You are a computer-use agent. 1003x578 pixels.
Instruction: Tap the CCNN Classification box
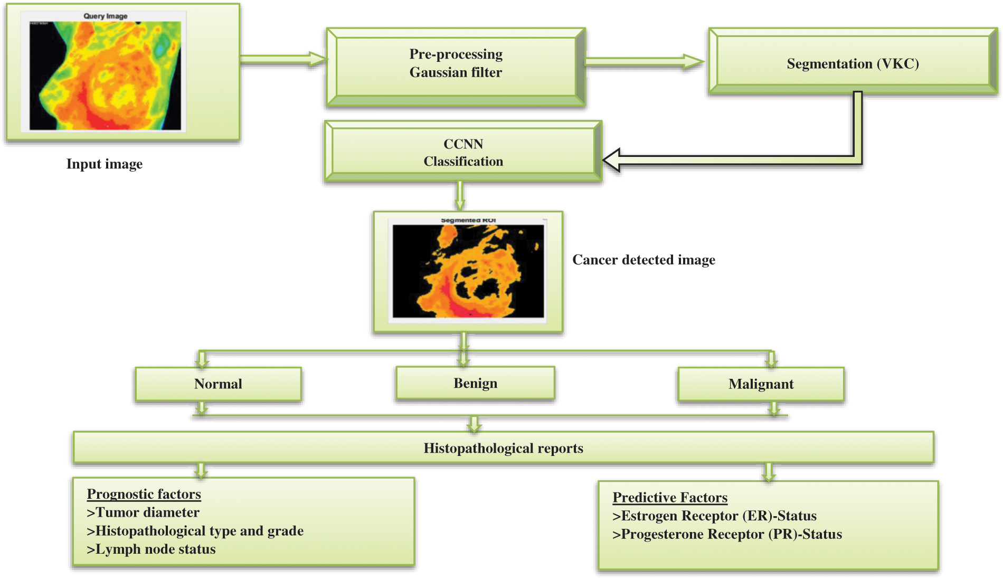click(x=463, y=152)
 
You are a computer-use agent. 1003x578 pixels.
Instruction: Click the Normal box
click(x=218, y=384)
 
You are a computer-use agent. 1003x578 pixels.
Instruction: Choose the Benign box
click(x=475, y=383)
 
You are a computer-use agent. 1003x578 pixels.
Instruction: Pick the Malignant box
click(x=761, y=384)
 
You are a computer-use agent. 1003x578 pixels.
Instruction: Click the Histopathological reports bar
click(x=503, y=448)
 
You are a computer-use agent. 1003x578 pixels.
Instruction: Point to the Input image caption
click(x=105, y=164)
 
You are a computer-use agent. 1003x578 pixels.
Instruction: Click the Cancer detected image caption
click(x=644, y=259)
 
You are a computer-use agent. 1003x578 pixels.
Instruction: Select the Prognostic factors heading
click(x=144, y=494)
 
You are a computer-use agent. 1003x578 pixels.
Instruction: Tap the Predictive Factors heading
click(x=670, y=497)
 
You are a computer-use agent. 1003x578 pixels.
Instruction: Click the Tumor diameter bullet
click(x=143, y=512)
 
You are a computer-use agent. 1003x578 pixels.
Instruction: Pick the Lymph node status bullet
click(x=151, y=549)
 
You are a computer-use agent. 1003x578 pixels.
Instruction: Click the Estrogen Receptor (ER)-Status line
click(x=714, y=516)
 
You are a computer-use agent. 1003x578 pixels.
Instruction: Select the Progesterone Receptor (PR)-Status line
click(x=727, y=534)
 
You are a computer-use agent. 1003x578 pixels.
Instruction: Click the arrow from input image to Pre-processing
click(x=284, y=59)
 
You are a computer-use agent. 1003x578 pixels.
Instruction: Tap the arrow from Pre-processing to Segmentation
click(x=644, y=62)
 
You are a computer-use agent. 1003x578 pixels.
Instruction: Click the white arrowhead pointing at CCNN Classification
click(x=612, y=160)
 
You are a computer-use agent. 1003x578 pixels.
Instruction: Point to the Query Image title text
click(x=106, y=16)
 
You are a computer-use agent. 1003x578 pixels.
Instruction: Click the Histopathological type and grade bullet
click(x=195, y=531)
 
